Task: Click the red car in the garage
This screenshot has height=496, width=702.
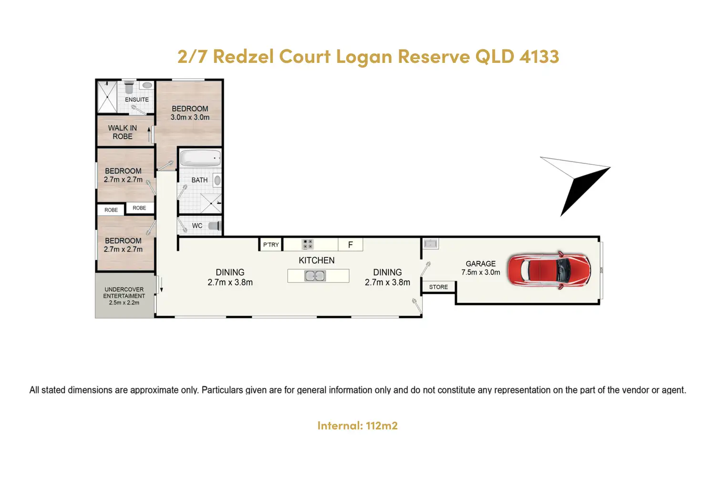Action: point(548,270)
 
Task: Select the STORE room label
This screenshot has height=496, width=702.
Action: point(438,287)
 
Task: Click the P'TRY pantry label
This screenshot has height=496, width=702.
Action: point(271,244)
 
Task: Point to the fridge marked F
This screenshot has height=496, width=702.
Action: point(351,244)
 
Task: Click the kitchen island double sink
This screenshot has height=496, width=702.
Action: point(315,276)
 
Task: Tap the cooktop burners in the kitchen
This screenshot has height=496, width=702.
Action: point(308,244)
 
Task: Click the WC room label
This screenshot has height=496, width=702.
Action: point(197,226)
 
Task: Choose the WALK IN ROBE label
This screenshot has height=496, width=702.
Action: point(123,132)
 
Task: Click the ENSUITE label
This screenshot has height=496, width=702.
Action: point(137,100)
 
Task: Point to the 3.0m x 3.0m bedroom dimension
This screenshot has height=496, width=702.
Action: point(190,117)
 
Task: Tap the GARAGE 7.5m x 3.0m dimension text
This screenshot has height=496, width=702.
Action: point(481,272)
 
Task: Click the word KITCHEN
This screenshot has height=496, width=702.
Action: point(317,260)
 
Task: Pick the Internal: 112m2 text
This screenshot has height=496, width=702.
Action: point(357,425)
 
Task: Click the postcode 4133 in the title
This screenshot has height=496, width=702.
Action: point(539,57)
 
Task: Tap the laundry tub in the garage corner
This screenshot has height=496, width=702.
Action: point(431,243)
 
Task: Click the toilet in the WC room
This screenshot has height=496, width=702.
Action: point(215,226)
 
